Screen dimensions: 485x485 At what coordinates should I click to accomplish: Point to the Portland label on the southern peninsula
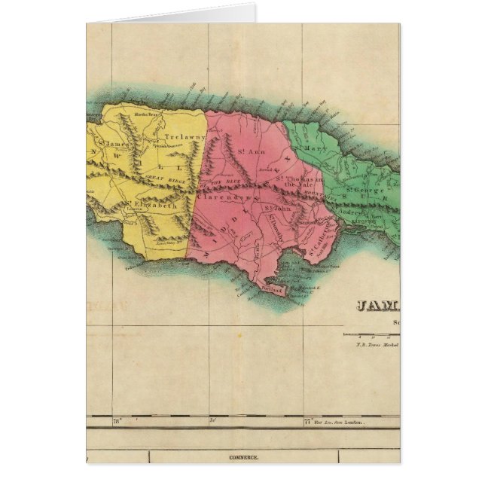click(x=272, y=289)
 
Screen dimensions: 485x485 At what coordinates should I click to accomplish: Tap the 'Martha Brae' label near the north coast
click(x=145, y=114)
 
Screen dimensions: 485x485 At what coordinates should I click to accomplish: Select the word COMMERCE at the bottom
click(x=243, y=457)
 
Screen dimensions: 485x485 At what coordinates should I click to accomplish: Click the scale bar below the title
click(x=371, y=334)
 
